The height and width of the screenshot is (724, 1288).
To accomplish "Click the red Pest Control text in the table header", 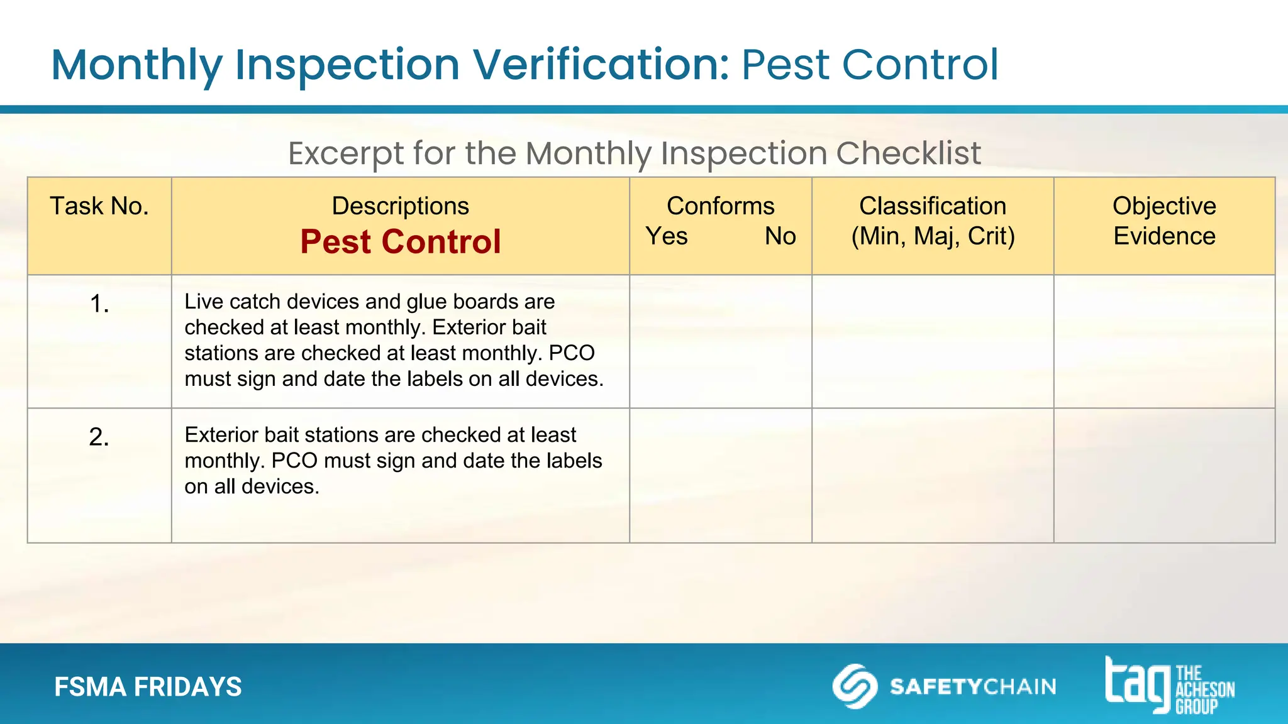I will coord(400,242).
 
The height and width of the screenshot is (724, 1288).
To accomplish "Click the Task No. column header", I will coord(99,206).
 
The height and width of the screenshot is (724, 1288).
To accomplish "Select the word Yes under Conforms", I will coord(667,236).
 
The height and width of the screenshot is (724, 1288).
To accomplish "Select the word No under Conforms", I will coord(780,236).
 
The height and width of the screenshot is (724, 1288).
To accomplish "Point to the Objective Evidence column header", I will coord(1164,221).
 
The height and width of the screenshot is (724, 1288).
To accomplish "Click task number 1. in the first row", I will coord(99,304).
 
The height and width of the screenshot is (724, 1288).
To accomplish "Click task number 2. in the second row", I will coord(99,437).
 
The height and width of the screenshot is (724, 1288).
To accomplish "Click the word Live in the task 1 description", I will coord(199,302).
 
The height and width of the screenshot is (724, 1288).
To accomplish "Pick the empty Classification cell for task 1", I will coord(933,341).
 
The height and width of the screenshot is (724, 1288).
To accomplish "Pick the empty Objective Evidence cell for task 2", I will coord(1164,475).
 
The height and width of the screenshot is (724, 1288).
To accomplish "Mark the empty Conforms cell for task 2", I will coord(720,475).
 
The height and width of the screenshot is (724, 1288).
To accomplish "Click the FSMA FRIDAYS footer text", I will coord(148,687).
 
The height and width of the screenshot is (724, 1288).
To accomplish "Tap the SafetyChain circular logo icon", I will coord(855,686).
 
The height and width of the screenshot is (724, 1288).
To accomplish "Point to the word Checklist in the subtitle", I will coord(908,153).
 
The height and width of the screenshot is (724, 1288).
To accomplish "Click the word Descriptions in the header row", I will coord(400,206).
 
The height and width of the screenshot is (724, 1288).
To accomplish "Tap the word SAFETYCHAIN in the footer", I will coord(973,686).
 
